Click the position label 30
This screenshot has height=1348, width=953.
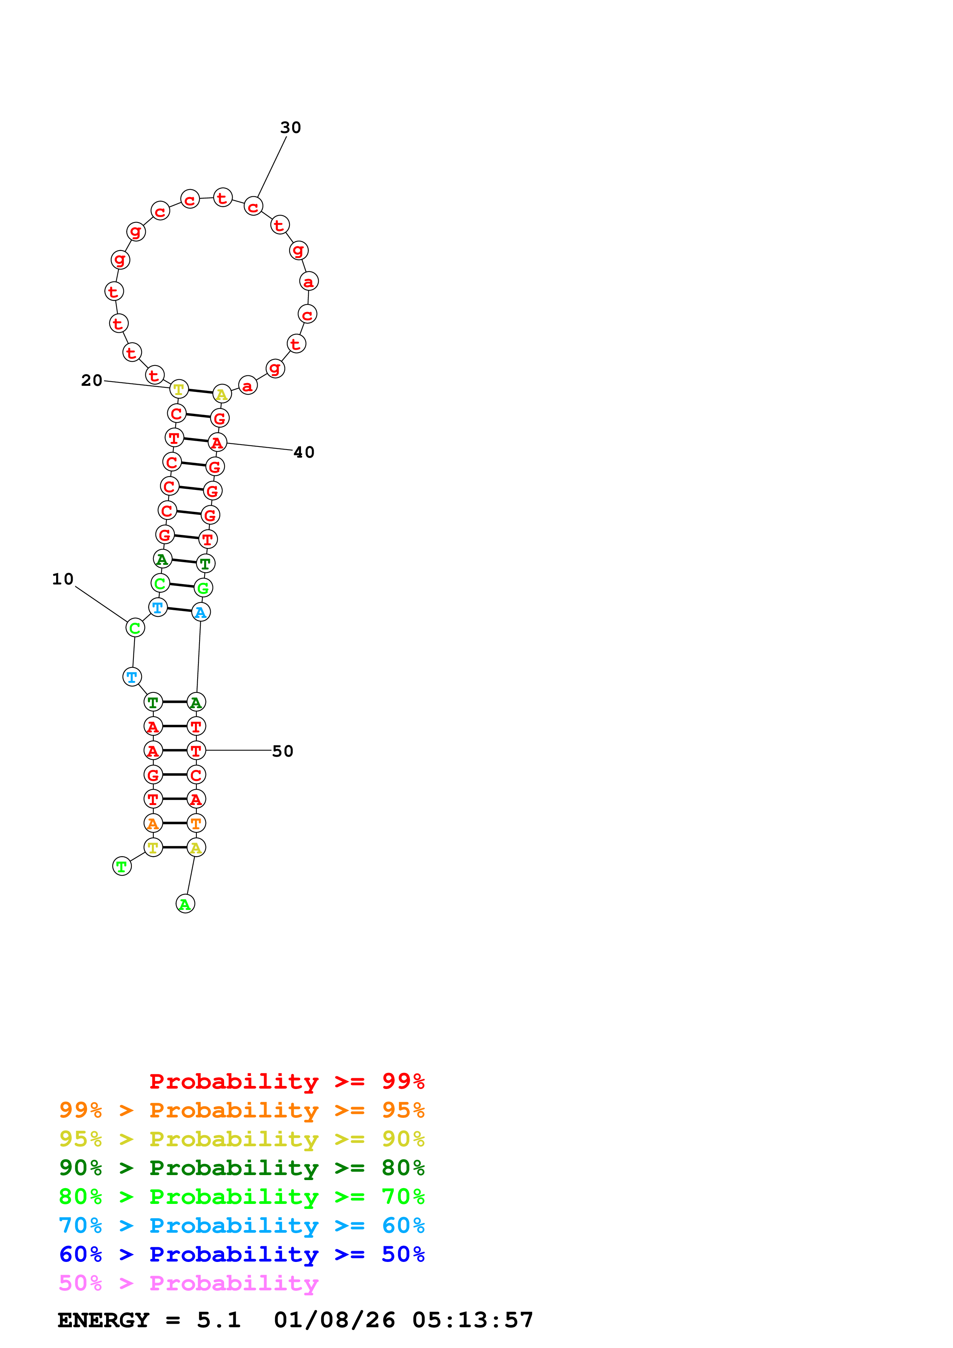290,128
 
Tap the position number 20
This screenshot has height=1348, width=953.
91,380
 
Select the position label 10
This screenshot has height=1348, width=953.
63,579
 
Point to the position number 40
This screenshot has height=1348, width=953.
304,452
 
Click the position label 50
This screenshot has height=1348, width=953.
283,751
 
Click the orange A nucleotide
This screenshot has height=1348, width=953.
153,823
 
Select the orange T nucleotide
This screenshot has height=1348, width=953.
196,823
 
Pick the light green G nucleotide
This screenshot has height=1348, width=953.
203,588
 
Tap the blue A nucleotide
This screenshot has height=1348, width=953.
201,613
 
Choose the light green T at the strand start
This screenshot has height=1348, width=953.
121,866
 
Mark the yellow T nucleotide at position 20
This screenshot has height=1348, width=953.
179,388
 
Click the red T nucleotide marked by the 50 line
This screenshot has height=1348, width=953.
196,750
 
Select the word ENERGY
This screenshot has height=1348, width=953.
103,1320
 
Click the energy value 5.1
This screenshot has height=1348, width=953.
218,1320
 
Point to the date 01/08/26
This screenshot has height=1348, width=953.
334,1320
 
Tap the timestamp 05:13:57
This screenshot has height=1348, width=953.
473,1320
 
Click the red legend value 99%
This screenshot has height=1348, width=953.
403,1081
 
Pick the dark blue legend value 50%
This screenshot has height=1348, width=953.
403,1254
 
